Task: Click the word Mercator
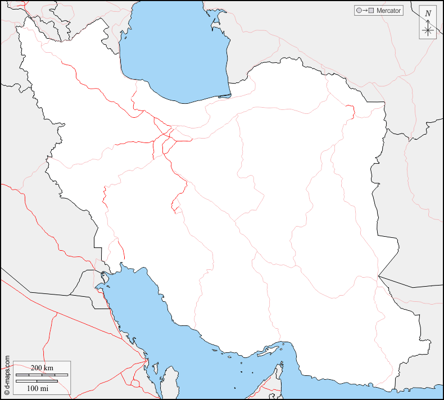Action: [x=389, y=11]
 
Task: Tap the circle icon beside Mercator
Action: [x=358, y=11]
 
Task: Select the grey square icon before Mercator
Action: [x=371, y=11]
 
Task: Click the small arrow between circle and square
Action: [x=364, y=11]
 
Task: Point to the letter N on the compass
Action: [x=428, y=13]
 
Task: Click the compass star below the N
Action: [x=428, y=29]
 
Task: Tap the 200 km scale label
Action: [x=42, y=367]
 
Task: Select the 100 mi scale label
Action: [x=38, y=388]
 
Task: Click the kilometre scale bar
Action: [x=42, y=374]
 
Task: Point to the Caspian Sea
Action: [x=174, y=50]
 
